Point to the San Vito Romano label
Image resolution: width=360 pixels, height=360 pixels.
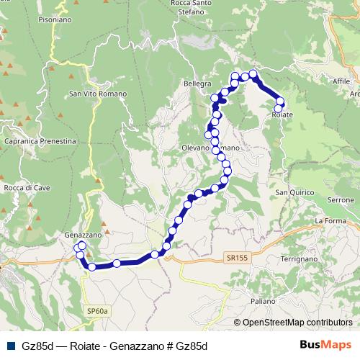pyautogui.click(x=98, y=94)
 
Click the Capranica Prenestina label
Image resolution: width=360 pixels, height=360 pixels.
pyautogui.click(x=40, y=142)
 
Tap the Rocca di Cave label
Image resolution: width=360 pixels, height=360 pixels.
pyautogui.click(x=26, y=188)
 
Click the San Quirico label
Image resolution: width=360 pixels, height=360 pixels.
pyautogui.click(x=291, y=192)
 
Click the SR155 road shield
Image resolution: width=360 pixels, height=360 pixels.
pyautogui.click(x=235, y=257)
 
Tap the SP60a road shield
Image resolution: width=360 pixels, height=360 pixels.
pyautogui.click(x=96, y=310)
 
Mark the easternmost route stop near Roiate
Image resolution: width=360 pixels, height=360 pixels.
pyautogui.click(x=280, y=102)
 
